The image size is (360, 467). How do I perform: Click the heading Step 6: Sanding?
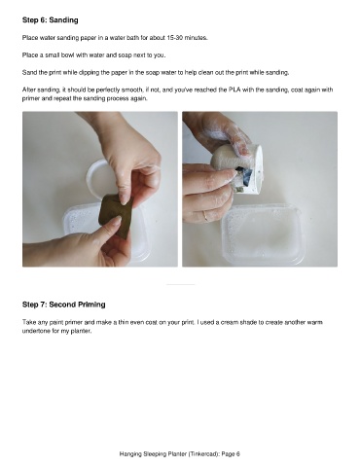51,20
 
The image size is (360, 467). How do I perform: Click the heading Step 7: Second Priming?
64,305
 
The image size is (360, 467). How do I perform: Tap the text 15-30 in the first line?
175,38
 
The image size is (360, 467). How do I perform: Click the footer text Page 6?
231,454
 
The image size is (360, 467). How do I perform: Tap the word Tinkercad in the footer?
203,454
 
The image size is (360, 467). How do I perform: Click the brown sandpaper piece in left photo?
115,215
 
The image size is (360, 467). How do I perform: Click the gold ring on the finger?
205,216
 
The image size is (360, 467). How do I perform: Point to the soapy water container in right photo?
263,233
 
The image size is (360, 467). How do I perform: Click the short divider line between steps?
181,284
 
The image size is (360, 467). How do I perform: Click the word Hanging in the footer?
129,454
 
